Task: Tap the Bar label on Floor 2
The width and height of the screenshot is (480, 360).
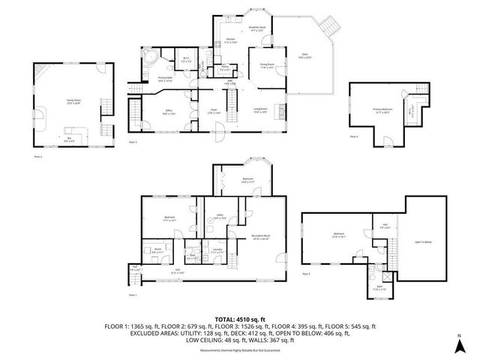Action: pyautogui.click(x=70, y=138)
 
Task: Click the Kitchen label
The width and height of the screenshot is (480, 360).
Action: pyautogui.click(x=231, y=42)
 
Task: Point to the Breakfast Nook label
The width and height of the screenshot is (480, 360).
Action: pyautogui.click(x=259, y=29)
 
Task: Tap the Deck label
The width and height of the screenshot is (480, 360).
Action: pyautogui.click(x=304, y=55)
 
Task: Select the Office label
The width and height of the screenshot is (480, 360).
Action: pyautogui.click(x=169, y=110)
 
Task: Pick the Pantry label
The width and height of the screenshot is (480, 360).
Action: pyautogui.click(x=224, y=68)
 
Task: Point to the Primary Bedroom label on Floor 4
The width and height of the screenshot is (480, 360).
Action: pyautogui.click(x=383, y=109)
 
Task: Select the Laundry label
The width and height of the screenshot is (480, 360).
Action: pyautogui.click(x=217, y=250)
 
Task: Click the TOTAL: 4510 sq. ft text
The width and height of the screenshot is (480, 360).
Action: pyautogui.click(x=239, y=319)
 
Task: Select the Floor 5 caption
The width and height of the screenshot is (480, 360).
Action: pyautogui.click(x=306, y=274)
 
